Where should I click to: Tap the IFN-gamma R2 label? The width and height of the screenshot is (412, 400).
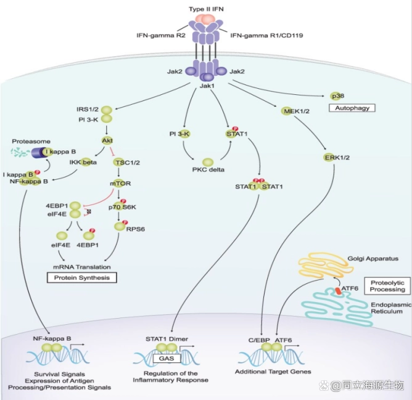pos(161,36)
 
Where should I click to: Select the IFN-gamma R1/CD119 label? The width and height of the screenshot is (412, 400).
pos(262,36)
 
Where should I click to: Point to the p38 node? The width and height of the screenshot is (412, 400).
pos(337,96)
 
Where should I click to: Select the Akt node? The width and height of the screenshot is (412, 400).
pos(106,141)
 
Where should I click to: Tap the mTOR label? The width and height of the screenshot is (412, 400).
pos(121,184)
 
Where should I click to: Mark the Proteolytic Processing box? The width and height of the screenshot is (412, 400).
pos(387,285)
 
